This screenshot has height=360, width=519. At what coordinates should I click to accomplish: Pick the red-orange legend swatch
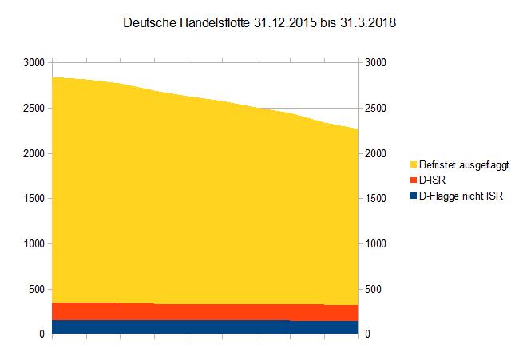(413, 181)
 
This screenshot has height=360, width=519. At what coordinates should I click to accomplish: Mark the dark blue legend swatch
(413, 196)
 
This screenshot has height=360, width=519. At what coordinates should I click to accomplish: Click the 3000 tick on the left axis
(34, 62)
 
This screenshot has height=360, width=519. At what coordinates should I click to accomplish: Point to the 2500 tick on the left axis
(34, 108)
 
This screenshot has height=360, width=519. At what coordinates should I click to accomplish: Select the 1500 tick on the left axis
(34, 198)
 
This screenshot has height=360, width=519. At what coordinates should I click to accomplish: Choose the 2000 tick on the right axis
(375, 153)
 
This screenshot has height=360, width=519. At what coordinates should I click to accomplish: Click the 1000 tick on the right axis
(375, 243)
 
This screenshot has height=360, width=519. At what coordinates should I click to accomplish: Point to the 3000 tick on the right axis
(375, 62)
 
